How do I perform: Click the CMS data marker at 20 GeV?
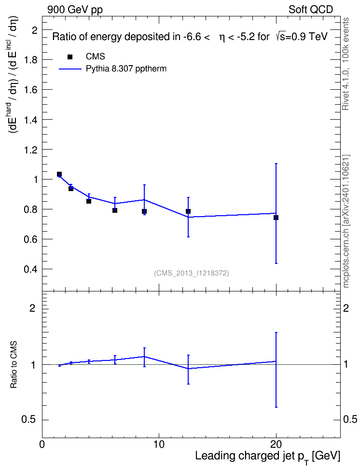[x=276, y=218]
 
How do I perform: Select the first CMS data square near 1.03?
[x=59, y=174]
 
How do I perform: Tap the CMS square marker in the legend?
[x=70, y=57]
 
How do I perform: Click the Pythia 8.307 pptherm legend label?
[x=126, y=69]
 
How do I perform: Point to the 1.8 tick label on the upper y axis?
[x=30, y=60]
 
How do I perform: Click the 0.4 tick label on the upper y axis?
[x=30, y=269]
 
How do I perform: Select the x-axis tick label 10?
[x=159, y=444]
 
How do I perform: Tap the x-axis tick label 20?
[x=276, y=444]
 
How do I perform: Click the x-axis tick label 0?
[x=42, y=444]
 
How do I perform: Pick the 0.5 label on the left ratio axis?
[x=28, y=420]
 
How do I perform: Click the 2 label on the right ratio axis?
[x=346, y=308]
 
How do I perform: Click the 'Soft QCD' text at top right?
[x=311, y=10]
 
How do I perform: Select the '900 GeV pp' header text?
[x=75, y=10]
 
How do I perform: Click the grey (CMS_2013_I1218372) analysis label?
[x=192, y=273]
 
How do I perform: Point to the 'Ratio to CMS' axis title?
[x=14, y=365]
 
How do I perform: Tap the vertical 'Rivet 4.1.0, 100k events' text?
[x=346, y=64]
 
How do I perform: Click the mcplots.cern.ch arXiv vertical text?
[x=346, y=221]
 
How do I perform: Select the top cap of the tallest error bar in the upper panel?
[x=276, y=164]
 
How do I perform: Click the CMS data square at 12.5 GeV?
[x=188, y=211]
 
